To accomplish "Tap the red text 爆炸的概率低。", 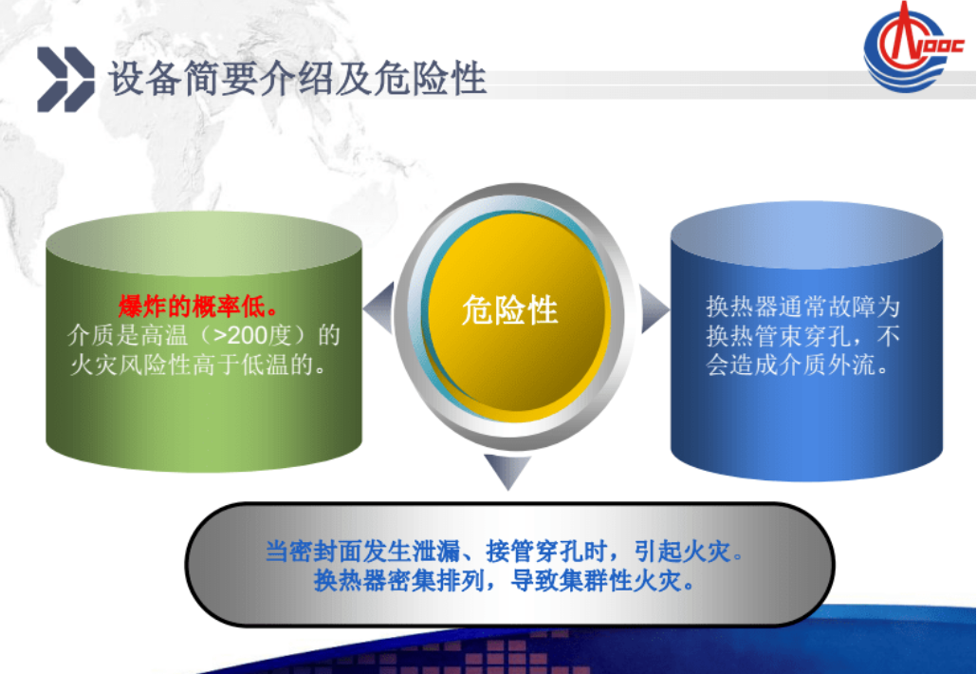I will click(198, 307).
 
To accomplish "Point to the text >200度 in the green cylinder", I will click(254, 335).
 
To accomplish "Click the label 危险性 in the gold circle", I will click(510, 309).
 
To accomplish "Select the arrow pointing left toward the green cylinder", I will click(379, 308).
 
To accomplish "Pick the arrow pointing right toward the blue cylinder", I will click(653, 308).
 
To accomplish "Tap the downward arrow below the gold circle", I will click(508, 469).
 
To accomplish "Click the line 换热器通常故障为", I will click(802, 307).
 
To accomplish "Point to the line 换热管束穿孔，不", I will click(802, 336).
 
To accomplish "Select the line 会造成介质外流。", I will click(797, 365).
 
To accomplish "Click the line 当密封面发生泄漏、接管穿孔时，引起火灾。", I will click(504, 552).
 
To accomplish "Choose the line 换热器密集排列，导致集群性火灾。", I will click(504, 581).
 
